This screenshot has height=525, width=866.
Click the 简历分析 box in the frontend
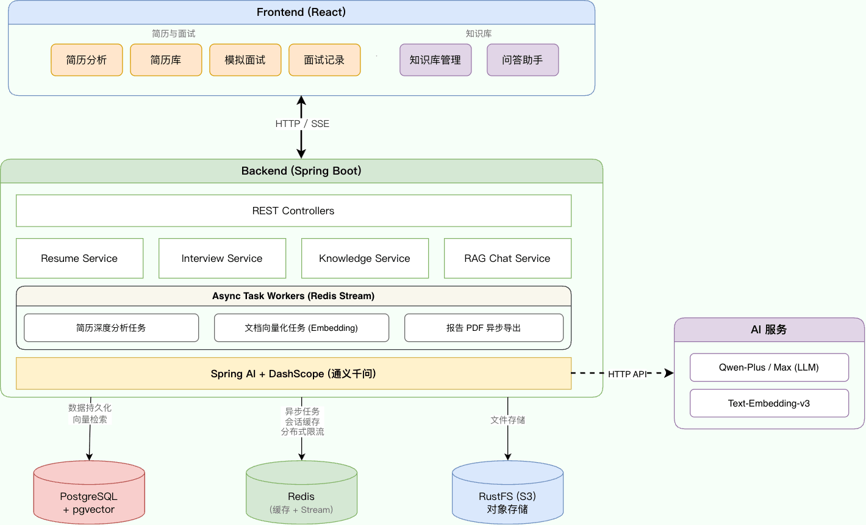87,60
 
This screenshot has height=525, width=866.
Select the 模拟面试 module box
245,60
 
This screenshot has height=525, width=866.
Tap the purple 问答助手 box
523,60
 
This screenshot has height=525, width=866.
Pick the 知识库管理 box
435,60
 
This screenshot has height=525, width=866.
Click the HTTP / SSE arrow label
302,124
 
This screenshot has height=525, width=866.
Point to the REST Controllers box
293,211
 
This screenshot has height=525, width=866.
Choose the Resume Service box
79,258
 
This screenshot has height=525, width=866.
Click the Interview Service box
222,258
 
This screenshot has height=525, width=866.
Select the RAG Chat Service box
507,258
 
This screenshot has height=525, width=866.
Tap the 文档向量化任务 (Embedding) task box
301,328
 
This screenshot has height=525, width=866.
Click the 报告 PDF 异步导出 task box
484,328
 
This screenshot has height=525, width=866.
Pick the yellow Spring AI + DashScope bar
293,374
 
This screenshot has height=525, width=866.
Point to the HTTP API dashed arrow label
627,374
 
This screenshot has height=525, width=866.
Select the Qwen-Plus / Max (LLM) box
769,367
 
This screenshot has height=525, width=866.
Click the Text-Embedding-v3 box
769,404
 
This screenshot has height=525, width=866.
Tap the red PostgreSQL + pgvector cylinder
89,496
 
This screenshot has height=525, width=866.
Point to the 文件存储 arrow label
507,420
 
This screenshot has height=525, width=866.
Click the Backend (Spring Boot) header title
301,171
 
